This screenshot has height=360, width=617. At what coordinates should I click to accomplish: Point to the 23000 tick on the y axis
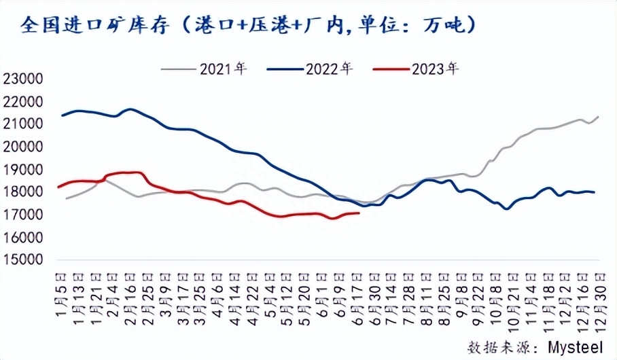[23, 79]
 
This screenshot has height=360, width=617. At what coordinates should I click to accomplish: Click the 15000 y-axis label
[23, 260]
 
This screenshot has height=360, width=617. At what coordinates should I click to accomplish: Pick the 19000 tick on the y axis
[23, 170]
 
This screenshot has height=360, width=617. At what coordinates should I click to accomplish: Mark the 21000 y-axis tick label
[23, 124]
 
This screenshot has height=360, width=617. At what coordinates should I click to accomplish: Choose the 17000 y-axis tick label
[23, 215]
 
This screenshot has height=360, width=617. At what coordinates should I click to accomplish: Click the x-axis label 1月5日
[63, 288]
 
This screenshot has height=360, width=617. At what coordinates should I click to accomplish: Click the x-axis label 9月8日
[461, 288]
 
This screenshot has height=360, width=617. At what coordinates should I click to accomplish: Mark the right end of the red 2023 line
[359, 213]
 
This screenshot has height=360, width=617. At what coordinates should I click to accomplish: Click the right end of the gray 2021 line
[598, 117]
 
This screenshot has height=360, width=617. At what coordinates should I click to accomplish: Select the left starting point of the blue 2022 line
[63, 115]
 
